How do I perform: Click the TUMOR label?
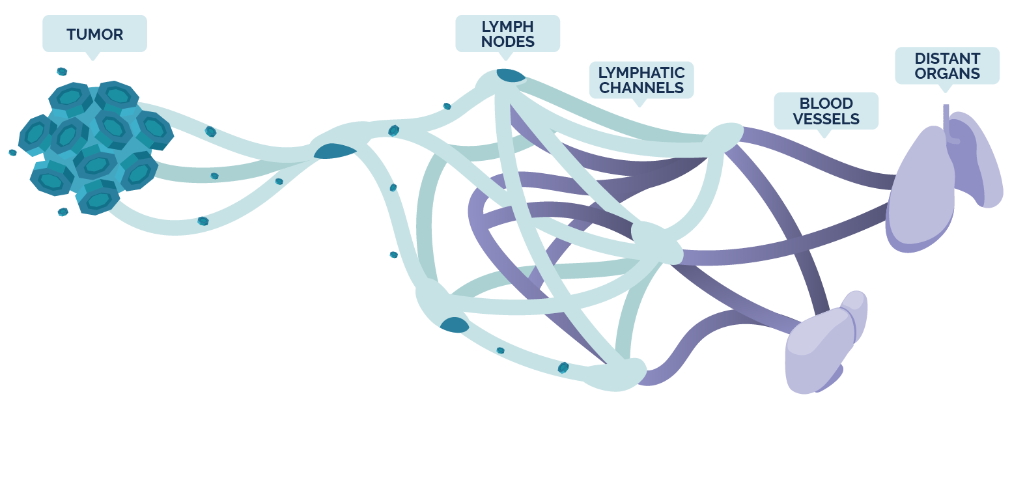(94, 34)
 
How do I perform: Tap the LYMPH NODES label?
(507, 34)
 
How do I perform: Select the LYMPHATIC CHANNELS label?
(641, 80)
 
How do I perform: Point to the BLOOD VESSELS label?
(826, 111)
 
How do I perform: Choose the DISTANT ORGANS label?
(947, 66)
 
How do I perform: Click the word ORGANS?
(947, 74)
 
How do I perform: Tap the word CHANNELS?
(641, 88)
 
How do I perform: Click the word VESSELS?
(826, 119)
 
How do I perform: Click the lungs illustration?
(925, 189)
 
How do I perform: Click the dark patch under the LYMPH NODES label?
(511, 76)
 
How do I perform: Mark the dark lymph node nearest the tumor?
(335, 152)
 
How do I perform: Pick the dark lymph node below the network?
(454, 325)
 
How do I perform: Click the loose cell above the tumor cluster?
(62, 72)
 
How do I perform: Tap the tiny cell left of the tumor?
(12, 152)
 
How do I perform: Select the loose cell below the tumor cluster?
(63, 212)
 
